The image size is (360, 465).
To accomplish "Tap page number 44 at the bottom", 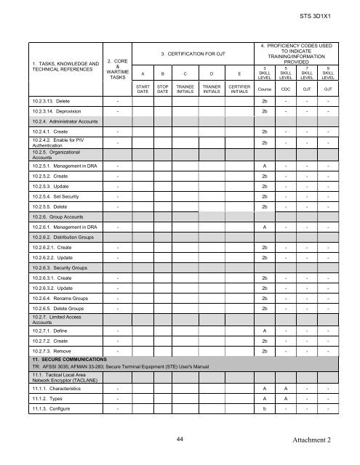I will click(180, 439).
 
